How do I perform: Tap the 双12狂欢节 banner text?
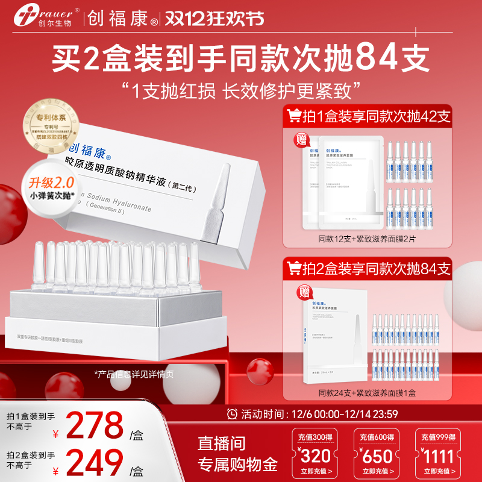[216, 19]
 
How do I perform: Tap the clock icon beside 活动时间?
[232, 414]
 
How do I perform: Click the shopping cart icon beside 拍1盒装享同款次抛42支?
[294, 114]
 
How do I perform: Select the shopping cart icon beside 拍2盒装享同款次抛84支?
[295, 267]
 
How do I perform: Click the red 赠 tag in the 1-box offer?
[299, 140]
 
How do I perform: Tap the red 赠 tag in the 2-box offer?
[299, 293]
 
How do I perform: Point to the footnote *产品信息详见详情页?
[134, 374]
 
